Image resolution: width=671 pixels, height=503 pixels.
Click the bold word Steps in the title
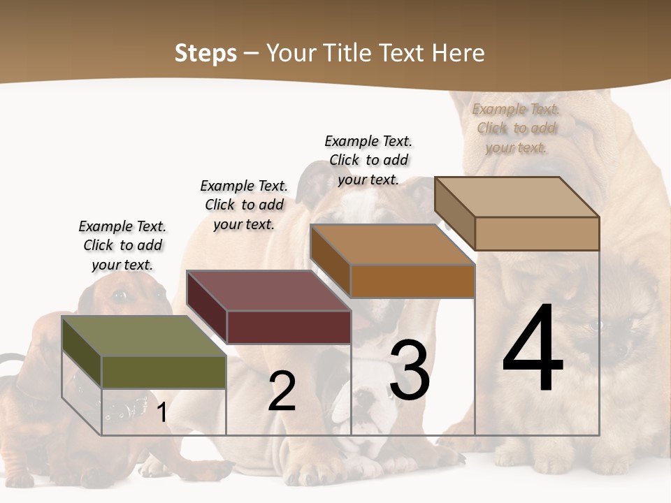pos(205,53)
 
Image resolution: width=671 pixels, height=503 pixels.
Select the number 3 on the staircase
pos(409,370)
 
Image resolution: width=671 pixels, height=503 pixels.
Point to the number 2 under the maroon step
pos(282,391)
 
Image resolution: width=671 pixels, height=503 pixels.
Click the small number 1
pos(161,413)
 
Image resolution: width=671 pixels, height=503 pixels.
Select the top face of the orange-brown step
pos(392,245)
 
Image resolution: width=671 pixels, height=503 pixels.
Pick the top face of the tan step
pos(517,197)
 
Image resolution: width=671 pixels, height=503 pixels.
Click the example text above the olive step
pos(122,245)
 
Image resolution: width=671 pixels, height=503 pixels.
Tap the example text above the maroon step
pos(244,205)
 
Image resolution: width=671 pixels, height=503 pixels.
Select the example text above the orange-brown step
pos(368,160)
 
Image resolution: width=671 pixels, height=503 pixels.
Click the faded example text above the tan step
pos(516,128)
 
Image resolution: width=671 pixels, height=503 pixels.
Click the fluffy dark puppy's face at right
pos(615,328)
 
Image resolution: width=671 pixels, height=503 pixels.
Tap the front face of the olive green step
pos(164,372)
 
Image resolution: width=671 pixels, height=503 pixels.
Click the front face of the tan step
pos(537,233)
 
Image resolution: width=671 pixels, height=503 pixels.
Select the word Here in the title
pos(459,53)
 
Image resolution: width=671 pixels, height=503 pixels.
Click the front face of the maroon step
pos(288,327)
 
